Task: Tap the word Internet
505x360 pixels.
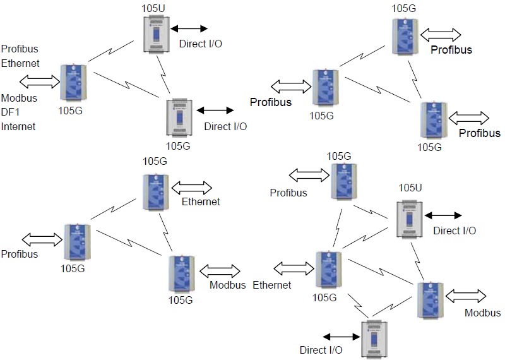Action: point(18,126)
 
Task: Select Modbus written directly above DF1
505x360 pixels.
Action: point(19,99)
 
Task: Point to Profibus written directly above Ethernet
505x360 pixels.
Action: point(20,49)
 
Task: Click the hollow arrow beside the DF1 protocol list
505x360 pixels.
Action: point(39,81)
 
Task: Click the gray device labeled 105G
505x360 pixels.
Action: point(180,118)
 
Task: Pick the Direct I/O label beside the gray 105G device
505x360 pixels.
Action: point(225,126)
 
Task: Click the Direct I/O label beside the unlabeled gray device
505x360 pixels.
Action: point(321,349)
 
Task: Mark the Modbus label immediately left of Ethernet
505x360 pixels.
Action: point(227,285)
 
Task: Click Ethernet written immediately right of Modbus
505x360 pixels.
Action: point(272,285)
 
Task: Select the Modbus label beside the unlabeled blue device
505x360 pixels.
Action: point(482,313)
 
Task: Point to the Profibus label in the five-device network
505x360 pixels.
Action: point(288,193)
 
